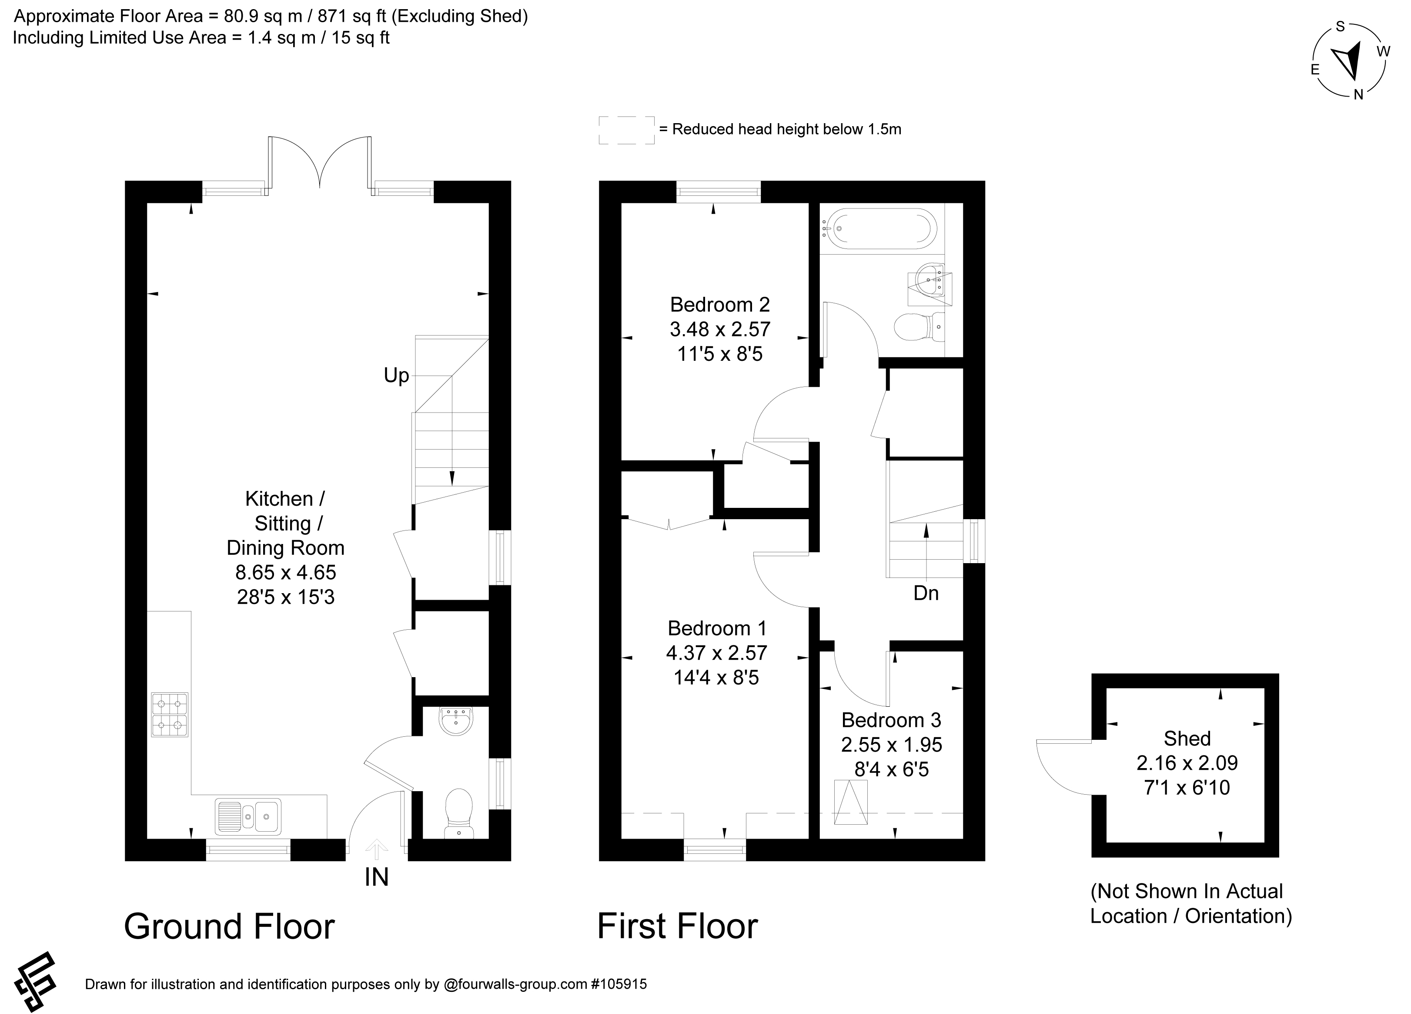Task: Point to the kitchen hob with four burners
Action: coord(169,715)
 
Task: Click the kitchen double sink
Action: coord(248,816)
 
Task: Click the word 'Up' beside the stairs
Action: coord(396,375)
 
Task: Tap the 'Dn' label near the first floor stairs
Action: coord(926,593)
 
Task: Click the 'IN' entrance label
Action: coord(376,877)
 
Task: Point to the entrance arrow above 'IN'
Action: coord(376,849)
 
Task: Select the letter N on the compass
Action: coord(1359,94)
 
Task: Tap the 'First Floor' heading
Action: coord(678,926)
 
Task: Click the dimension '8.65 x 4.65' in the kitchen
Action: coord(286,572)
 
